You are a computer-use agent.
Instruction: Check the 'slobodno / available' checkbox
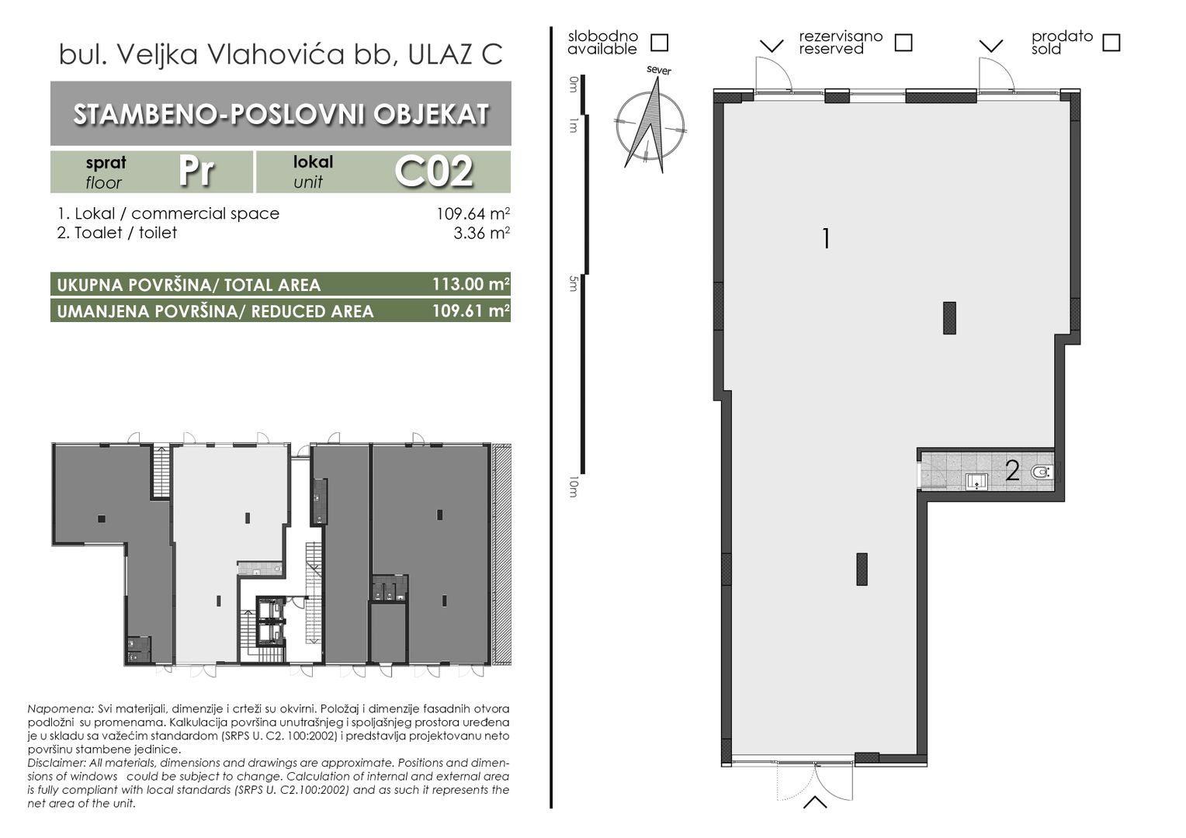[x=659, y=43]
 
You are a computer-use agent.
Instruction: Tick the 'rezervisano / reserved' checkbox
[x=903, y=43]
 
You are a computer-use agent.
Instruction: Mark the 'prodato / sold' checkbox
[x=1111, y=43]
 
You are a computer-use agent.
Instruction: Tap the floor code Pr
[x=196, y=171]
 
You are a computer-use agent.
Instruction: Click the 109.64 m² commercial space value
[x=473, y=213]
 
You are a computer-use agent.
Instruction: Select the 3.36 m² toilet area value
[x=481, y=233]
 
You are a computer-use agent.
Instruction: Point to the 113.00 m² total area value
[x=471, y=284]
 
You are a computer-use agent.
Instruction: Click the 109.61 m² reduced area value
[x=471, y=310]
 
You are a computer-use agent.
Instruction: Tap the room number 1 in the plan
[x=826, y=239]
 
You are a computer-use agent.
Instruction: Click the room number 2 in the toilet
[x=1012, y=471]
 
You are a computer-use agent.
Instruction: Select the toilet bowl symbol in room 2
[x=1042, y=471]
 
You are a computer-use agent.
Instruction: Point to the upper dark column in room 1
[x=949, y=317]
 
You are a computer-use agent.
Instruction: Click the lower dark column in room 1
[x=862, y=569]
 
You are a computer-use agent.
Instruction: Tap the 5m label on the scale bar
[x=572, y=284]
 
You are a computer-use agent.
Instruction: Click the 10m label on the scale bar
[x=572, y=487]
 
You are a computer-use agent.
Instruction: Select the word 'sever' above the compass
[x=659, y=71]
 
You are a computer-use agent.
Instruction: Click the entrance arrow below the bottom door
[x=815, y=802]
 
